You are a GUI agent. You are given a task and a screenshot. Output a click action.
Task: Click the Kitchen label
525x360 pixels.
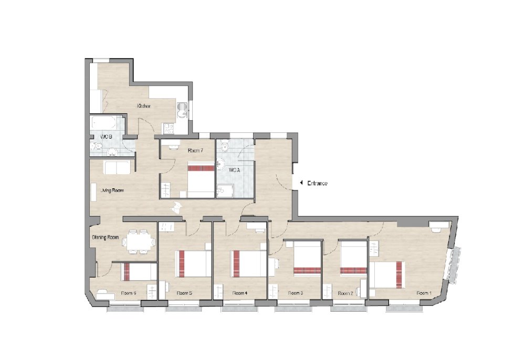tap(144, 107)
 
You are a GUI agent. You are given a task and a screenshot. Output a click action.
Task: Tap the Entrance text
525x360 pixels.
tap(318, 183)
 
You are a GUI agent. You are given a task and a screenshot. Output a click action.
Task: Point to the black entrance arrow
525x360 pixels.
tap(301, 183)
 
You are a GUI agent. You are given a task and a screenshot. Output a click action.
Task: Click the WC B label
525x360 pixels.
tap(107, 137)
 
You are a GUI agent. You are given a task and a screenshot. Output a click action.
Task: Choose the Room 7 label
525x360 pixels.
tap(195, 151)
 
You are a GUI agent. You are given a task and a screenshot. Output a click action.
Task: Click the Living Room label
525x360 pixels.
tap(112, 190)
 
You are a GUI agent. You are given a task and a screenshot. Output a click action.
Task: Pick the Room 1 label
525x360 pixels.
tap(424, 293)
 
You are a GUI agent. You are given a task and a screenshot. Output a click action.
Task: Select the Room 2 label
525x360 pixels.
tap(345, 293)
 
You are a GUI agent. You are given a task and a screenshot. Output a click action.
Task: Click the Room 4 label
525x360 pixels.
tap(239, 293)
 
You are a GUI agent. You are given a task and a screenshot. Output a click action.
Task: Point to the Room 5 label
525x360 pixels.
tap(184, 293)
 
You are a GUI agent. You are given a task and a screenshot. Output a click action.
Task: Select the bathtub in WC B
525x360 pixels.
tap(105, 123)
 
